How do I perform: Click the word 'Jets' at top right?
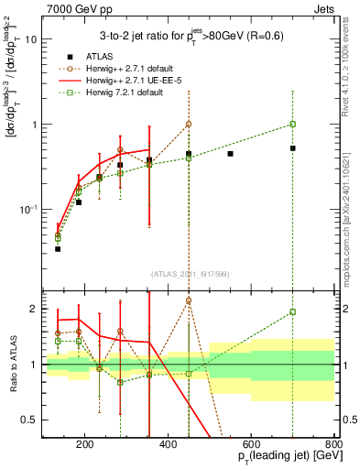coord(321,7)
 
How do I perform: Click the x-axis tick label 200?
coord(85,446)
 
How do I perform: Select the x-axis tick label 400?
coord(169,446)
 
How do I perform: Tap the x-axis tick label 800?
coord(333,446)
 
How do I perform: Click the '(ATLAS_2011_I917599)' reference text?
coord(190,274)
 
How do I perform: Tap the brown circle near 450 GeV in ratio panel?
coord(189,300)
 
